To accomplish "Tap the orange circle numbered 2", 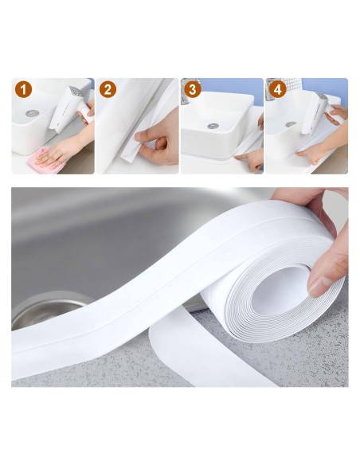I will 108,90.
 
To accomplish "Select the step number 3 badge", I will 191,90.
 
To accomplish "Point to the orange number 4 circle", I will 277,90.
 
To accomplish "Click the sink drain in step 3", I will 213,125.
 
